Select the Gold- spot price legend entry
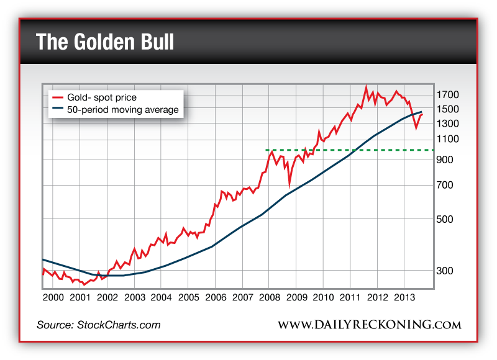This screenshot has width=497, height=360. point(102,97)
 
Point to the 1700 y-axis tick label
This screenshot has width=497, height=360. point(447,95)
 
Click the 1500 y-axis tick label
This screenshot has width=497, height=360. point(447,109)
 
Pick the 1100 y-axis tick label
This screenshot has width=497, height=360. point(447,140)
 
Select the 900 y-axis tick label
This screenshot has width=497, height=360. point(445,160)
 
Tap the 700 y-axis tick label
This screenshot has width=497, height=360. point(445,186)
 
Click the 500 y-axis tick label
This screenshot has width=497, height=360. point(445,220)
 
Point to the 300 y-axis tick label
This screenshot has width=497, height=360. point(445,271)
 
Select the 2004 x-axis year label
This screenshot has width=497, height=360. point(161,297)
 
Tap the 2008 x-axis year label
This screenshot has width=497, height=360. point(269,297)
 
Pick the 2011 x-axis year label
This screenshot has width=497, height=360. point(350,297)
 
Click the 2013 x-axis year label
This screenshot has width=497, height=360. point(404,297)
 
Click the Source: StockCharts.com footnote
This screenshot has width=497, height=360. point(98,325)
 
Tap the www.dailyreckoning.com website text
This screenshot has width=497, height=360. point(369,325)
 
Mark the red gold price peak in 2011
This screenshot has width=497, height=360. point(366,86)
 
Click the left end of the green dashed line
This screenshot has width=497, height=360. point(267,150)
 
